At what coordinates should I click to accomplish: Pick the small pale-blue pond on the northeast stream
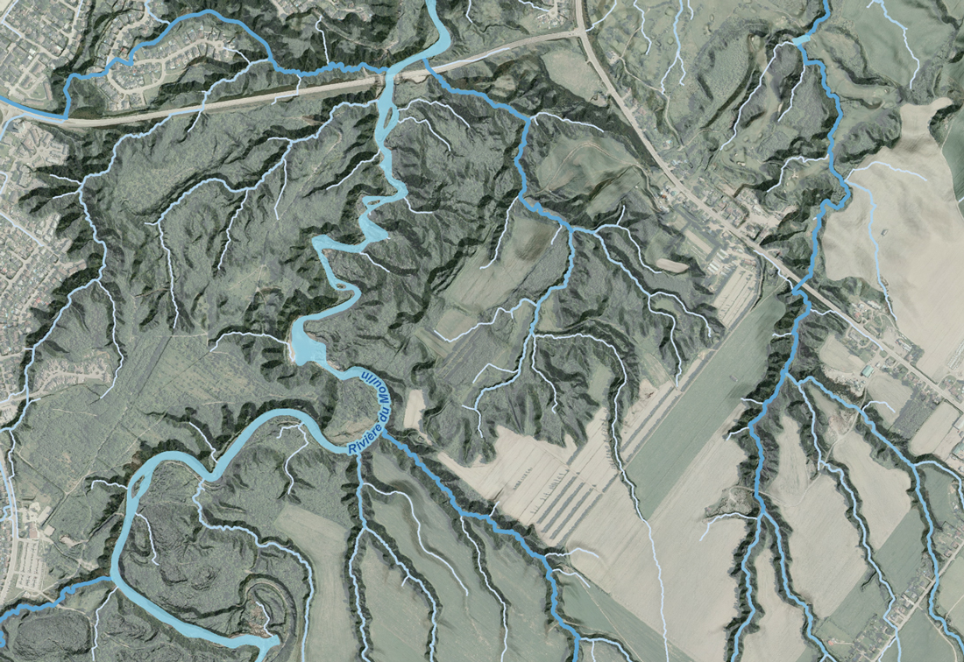801,39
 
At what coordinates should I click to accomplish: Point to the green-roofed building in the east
867,371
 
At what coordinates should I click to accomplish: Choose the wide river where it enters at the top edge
436,7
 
